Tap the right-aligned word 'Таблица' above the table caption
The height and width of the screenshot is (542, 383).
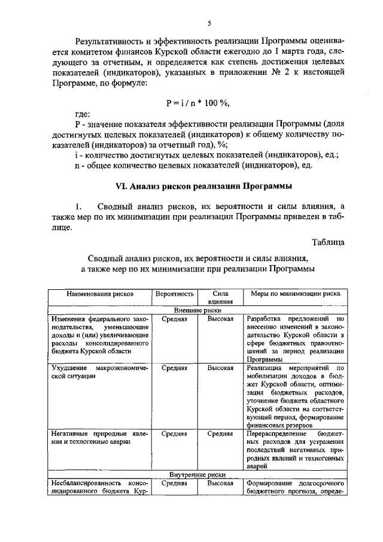[x=328, y=242]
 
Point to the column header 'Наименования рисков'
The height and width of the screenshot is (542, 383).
[x=99, y=294]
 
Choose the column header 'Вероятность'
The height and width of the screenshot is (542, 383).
[x=175, y=294]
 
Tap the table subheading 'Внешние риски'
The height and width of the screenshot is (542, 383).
[x=198, y=311]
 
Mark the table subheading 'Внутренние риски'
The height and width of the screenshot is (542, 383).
[x=198, y=474]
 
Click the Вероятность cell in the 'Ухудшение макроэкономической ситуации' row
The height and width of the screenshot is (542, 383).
[x=175, y=368]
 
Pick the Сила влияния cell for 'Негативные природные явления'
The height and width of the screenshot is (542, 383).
[x=220, y=433]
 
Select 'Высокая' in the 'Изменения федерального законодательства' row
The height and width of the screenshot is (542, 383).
[x=220, y=319]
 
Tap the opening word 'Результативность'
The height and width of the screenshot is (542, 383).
[x=110, y=41]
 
